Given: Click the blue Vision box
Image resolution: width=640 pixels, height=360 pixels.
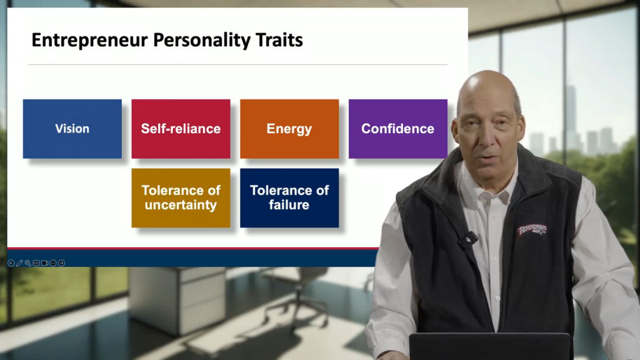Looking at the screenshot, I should (x=72, y=129).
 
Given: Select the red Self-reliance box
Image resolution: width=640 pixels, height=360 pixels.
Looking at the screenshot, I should (x=181, y=129).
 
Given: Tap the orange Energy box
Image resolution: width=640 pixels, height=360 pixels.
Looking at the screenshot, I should (x=289, y=129).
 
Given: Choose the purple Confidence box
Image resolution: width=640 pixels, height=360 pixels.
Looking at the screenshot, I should (x=397, y=129).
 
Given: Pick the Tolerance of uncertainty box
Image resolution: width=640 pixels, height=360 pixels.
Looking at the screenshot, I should (x=181, y=197).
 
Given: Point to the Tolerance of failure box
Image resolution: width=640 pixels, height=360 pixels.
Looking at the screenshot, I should (x=289, y=197).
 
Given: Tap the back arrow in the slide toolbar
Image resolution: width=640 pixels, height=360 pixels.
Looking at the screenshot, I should (x=11, y=263).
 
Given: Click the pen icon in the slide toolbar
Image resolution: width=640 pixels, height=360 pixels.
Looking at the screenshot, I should (x=19, y=263).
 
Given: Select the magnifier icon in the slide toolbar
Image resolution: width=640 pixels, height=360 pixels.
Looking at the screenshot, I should (x=27, y=263).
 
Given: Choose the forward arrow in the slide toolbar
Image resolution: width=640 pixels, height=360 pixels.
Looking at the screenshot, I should (x=61, y=263).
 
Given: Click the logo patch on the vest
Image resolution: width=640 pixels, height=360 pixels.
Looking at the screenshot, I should (x=532, y=230).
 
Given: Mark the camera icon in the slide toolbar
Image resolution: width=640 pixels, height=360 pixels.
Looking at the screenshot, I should (x=44, y=263).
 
